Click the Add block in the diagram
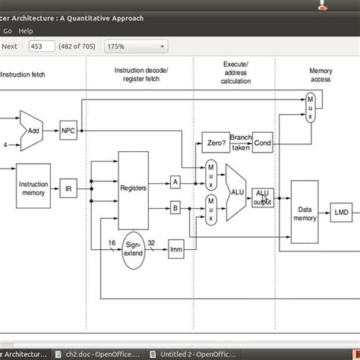point(33,130)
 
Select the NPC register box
point(68,130)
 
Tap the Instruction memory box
point(33,188)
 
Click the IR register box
point(68,189)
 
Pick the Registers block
point(133,186)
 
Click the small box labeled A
point(175,182)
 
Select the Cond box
point(262,142)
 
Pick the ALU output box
point(263,197)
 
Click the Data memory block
point(304,212)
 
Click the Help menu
point(26,31)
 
